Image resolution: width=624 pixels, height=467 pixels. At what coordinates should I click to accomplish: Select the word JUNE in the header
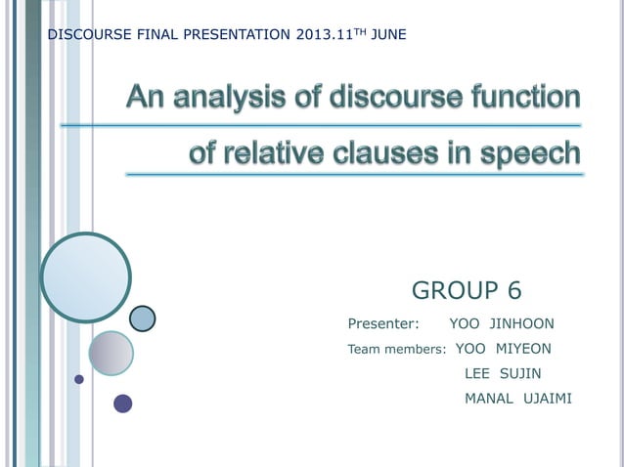click(388, 36)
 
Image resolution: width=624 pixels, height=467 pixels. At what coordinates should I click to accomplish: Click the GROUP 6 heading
click(467, 290)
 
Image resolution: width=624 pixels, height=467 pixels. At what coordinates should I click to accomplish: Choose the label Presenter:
click(383, 323)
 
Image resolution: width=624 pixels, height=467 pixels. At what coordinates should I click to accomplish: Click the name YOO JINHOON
click(501, 323)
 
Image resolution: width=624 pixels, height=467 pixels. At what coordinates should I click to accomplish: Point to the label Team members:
click(397, 350)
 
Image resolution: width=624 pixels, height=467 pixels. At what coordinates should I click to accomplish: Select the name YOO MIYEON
click(504, 349)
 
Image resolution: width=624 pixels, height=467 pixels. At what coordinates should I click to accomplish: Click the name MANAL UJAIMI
click(517, 399)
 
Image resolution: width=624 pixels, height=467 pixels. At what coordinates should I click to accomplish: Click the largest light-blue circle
click(86, 277)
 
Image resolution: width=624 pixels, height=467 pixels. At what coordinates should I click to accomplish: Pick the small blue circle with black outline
click(143, 318)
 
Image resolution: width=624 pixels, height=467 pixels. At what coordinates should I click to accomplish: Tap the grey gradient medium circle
click(111, 353)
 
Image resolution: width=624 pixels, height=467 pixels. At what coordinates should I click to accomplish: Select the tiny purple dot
click(79, 379)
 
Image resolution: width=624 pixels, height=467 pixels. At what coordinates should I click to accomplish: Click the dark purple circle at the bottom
click(122, 403)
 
